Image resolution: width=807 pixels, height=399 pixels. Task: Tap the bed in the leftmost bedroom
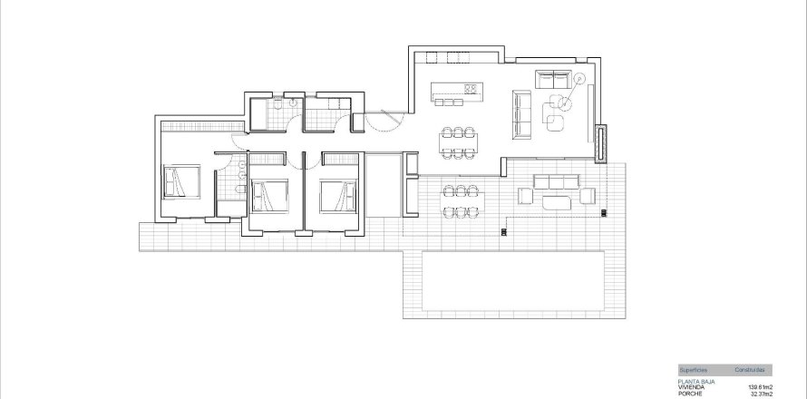pyautogui.click(x=175, y=181)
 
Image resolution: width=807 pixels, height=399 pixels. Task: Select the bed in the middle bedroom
pyautogui.click(x=269, y=192)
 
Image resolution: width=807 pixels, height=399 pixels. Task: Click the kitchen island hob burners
pyautogui.click(x=472, y=89)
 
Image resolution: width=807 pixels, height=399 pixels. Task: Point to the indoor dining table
pyautogui.click(x=460, y=138)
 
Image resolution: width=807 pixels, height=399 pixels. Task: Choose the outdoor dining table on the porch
pyautogui.click(x=462, y=201)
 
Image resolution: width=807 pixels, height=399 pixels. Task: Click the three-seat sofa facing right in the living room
pyautogui.click(x=521, y=114)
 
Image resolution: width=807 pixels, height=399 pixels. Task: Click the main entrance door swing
pyautogui.click(x=386, y=119)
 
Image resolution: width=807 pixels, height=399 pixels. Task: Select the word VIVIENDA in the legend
pyautogui.click(x=690, y=387)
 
